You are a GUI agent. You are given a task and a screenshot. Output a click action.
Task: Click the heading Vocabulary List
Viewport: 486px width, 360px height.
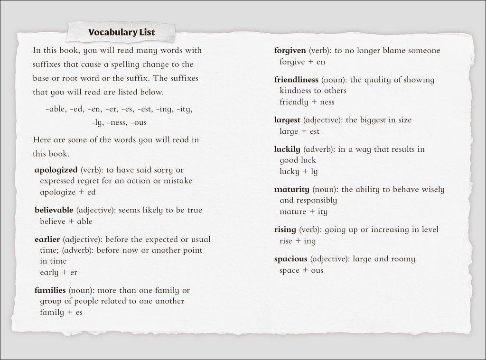pyautogui.click(x=121, y=33)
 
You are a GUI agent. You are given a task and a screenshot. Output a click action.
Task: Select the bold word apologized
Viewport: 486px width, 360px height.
pyautogui.click(x=56, y=170)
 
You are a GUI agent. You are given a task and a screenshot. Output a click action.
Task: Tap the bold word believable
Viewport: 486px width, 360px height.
pyautogui.click(x=54, y=210)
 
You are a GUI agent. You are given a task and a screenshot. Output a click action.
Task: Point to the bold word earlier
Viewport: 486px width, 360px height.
pyautogui.click(x=47, y=239)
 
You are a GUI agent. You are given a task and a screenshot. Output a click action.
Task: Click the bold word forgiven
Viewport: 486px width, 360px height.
pyautogui.click(x=290, y=51)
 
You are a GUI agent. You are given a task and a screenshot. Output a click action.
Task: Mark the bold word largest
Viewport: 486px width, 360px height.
pyautogui.click(x=287, y=120)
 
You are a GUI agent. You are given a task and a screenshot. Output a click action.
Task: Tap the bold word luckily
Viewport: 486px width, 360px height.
pyautogui.click(x=287, y=149)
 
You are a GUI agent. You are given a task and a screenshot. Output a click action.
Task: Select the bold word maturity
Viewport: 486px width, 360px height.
pyautogui.click(x=291, y=190)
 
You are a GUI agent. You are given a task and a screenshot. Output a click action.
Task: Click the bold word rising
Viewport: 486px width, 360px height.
pyautogui.click(x=285, y=230)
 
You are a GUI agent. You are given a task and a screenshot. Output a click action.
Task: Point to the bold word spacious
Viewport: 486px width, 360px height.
pyautogui.click(x=290, y=259)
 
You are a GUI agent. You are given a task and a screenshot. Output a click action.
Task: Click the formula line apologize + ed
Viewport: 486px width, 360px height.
pyautogui.click(x=68, y=192)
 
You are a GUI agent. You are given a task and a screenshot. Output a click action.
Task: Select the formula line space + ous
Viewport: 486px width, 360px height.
pyautogui.click(x=301, y=270)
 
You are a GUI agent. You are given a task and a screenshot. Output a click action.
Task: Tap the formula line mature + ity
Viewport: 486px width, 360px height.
pyautogui.click(x=303, y=212)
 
